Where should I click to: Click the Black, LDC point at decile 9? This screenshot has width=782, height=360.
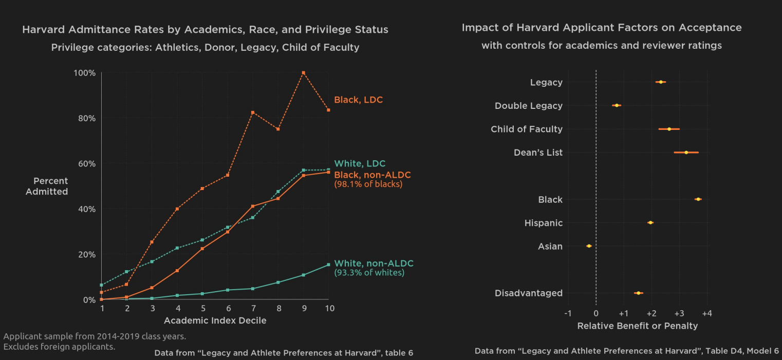[304, 73]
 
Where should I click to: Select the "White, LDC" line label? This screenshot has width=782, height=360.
[360, 164]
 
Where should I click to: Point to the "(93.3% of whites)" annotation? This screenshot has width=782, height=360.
[369, 273]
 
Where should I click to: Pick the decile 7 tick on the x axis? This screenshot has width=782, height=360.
[253, 308]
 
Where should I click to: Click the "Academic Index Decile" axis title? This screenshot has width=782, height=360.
[215, 321]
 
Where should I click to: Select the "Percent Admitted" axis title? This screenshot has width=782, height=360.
[47, 186]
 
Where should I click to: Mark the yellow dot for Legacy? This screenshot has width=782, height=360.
[661, 82]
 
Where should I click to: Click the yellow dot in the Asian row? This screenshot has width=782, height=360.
[589, 246]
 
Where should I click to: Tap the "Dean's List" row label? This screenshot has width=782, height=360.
[538, 153]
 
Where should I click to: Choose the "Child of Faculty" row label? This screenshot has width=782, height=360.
[526, 129]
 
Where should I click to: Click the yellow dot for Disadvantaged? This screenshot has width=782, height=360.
[638, 293]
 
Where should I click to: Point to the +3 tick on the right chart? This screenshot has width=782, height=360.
[679, 313]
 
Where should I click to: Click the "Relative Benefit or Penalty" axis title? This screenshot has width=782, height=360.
[637, 326]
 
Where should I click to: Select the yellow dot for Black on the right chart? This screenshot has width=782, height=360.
[698, 199]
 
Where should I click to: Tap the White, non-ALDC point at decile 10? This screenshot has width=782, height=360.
[328, 265]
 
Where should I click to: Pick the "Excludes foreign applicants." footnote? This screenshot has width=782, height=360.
[59, 347]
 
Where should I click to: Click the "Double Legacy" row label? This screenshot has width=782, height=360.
[528, 106]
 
